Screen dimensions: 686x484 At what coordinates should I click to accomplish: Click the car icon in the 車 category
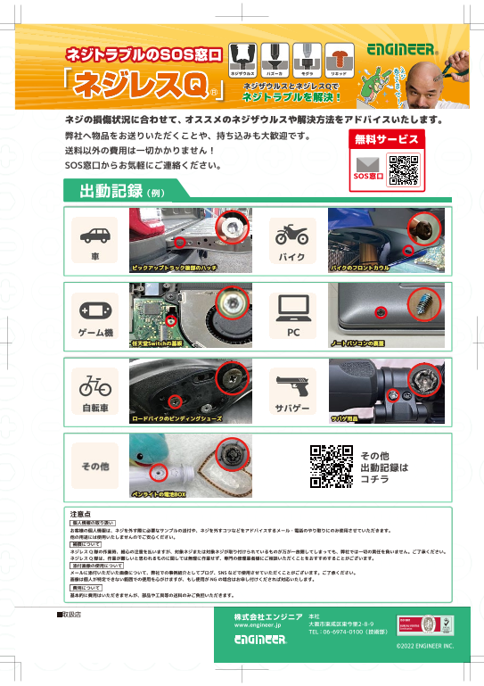pyautogui.click(x=95, y=236)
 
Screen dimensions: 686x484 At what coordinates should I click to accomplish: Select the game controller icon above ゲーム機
pyautogui.click(x=95, y=311)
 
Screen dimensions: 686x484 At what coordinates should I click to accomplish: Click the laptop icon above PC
pyautogui.click(x=292, y=310)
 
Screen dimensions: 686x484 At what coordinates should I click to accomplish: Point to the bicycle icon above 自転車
pyautogui.click(x=95, y=386)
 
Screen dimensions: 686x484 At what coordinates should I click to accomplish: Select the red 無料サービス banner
pyautogui.click(x=386, y=139)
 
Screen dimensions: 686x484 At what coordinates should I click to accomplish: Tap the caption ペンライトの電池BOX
pyautogui.click(x=159, y=492)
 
